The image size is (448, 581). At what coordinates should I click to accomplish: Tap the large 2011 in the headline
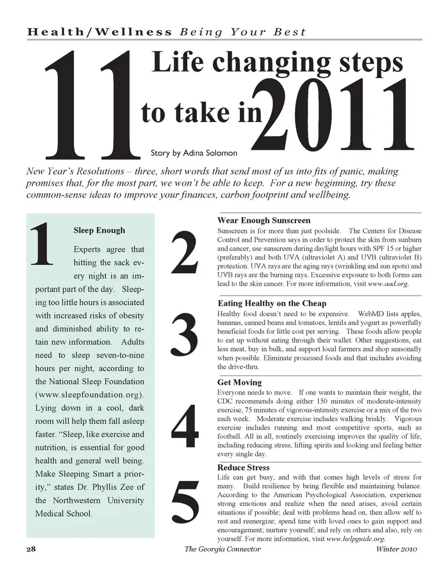pos(334,115)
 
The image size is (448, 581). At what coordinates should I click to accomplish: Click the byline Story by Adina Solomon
pos(194,153)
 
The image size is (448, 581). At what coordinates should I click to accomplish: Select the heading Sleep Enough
pos(99,230)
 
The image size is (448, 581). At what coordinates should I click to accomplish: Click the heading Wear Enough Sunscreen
pos(264,220)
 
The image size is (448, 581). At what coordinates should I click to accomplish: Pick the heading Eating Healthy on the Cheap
pos(272,303)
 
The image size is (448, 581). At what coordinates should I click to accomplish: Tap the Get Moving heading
pos(239,382)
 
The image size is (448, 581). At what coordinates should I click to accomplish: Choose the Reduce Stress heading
pos(243,467)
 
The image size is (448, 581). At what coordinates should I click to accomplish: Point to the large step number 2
pos(185,252)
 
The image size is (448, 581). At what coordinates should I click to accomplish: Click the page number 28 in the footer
pos(31,549)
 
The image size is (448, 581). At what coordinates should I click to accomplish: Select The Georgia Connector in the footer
pos(223,549)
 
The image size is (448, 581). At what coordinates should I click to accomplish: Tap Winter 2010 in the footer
pos(396,549)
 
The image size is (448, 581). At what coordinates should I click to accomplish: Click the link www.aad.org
pos(388,284)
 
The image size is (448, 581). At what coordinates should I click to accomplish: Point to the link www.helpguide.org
pos(356,539)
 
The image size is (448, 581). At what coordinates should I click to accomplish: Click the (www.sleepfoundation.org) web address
pos(90,394)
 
